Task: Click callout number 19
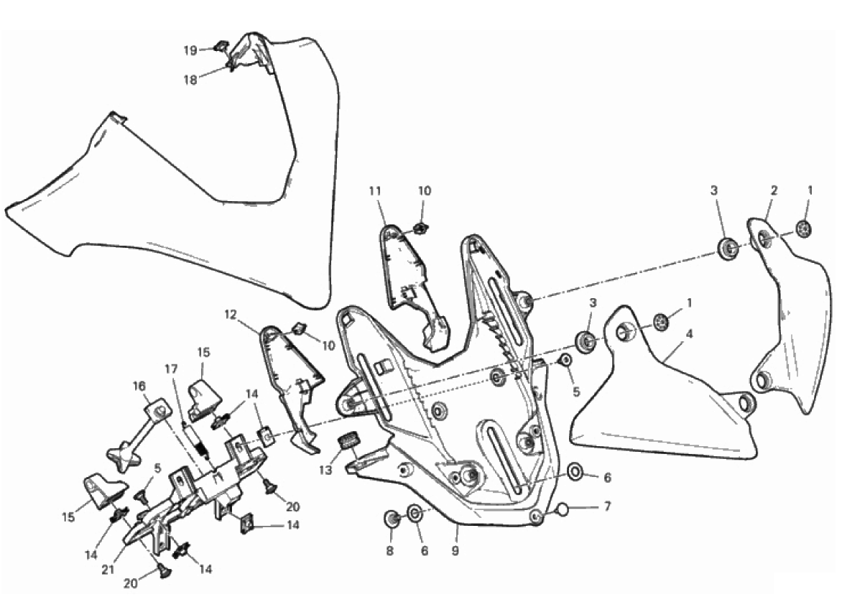190,50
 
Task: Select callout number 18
190,80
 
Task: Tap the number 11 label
375,190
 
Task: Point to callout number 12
231,315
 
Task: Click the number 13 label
326,471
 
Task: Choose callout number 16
139,386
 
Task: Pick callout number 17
171,369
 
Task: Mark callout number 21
108,570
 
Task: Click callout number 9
455,550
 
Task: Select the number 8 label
390,550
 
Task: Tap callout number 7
607,506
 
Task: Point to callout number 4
690,334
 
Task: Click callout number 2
774,190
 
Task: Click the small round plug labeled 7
562,509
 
